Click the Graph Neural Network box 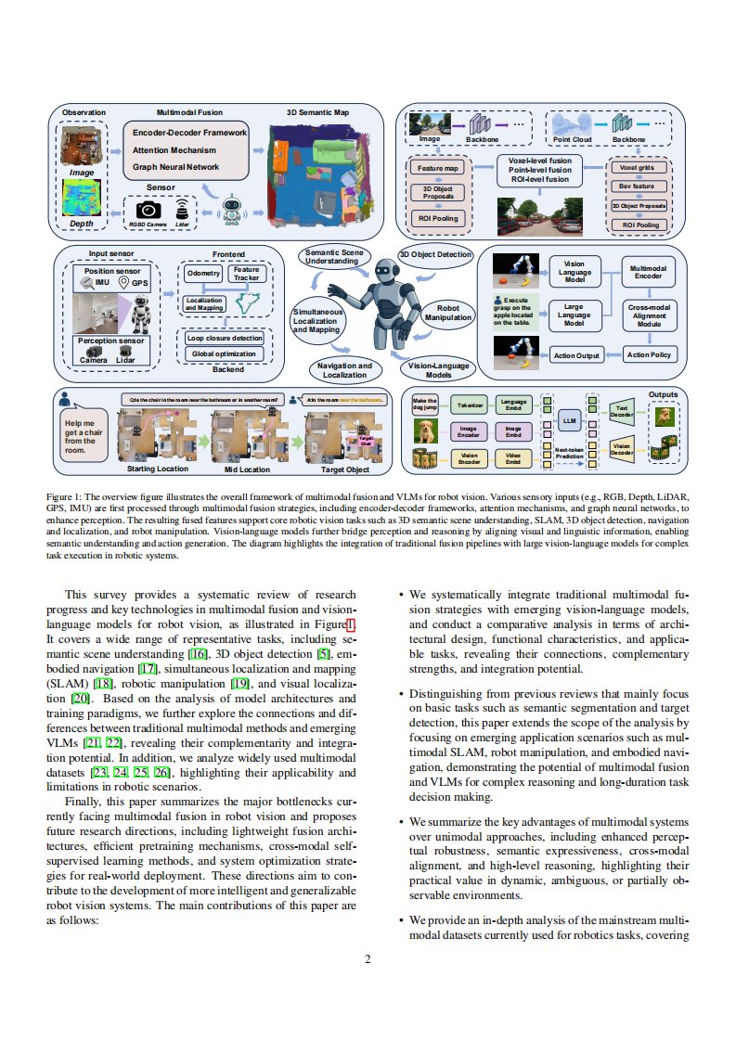pos(175,167)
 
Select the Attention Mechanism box pos(174,150)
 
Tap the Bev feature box pos(637,186)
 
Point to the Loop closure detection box pos(225,338)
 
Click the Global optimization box pos(225,353)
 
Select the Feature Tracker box pos(247,274)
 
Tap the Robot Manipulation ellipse pos(449,313)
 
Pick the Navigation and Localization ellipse pos(344,370)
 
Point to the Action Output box pos(576,355)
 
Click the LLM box pos(569,420)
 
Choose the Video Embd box pos(512,456)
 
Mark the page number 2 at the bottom pos(368,960)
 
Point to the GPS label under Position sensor pos(139,282)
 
